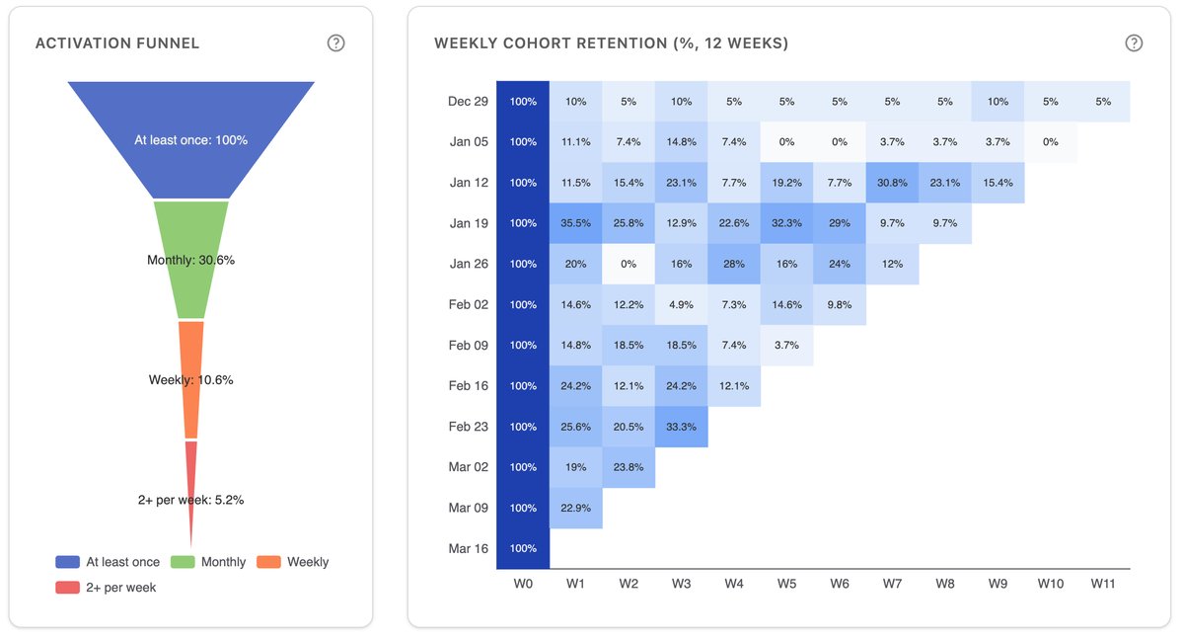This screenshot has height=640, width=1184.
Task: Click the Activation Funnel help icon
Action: click(x=336, y=43)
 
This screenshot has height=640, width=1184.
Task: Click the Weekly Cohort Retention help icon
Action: click(x=1134, y=43)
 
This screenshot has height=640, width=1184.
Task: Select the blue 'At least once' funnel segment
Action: click(x=191, y=139)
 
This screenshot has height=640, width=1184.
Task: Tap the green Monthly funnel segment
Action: click(x=191, y=260)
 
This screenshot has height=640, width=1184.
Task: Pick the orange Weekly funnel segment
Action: click(x=191, y=379)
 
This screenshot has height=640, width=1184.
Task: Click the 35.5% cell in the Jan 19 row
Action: click(x=576, y=223)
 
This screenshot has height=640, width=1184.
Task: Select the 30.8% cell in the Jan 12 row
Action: click(x=893, y=183)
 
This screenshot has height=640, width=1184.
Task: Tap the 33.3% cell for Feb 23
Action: click(x=682, y=427)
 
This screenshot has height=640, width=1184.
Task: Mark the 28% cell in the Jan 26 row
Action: click(x=734, y=264)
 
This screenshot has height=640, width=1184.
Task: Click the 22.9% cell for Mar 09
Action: click(x=576, y=508)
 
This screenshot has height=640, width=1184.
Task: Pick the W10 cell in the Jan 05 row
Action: click(x=1051, y=142)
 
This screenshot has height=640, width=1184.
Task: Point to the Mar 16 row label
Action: click(x=468, y=548)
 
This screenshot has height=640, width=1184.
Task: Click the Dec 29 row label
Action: click(x=468, y=102)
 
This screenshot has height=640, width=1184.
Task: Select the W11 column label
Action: click(x=1103, y=584)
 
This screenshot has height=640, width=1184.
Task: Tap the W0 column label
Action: click(x=523, y=584)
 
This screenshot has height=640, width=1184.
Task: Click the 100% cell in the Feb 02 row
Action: click(x=523, y=304)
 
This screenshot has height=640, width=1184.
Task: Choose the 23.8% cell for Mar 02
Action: click(x=629, y=467)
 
